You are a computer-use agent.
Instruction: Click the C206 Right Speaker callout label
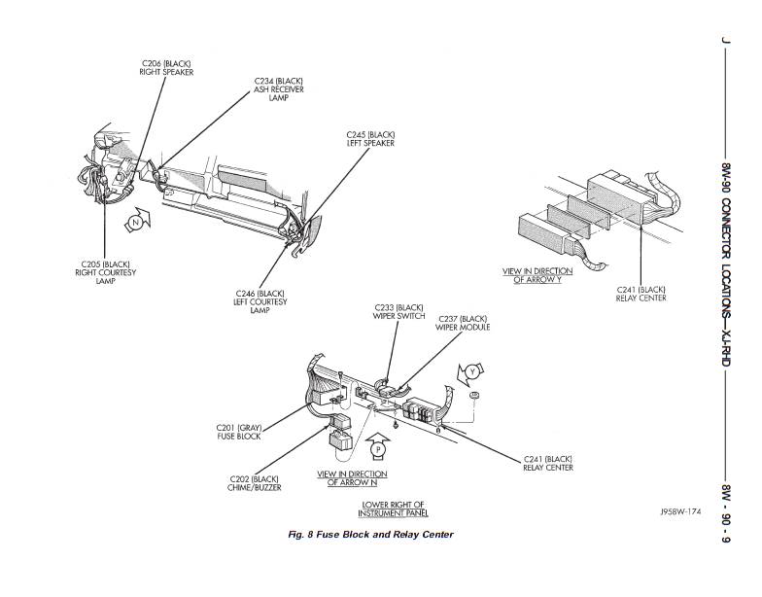pos(166,68)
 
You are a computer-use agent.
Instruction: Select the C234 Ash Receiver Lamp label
pos(278,89)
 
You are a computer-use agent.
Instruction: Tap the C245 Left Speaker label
pos(370,139)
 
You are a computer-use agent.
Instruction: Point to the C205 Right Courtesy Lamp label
pos(105,272)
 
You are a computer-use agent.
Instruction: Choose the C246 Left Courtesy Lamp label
pos(260,301)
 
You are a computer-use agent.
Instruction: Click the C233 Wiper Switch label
pos(398,312)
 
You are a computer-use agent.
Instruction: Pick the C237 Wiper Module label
pos(463,323)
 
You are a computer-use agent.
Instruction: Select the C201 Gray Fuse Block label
pos(239,432)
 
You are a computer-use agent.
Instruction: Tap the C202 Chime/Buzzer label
pos(255,483)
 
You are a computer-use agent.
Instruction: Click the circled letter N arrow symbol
pos(138,220)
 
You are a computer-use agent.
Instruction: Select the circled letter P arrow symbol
pos(378,446)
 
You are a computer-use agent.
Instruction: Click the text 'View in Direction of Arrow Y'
pos(537,276)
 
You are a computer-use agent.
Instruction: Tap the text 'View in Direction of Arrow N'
pos(352,478)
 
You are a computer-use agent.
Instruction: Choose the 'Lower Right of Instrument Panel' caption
pos(393,509)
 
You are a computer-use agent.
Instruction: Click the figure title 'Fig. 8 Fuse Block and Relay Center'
pos(371,535)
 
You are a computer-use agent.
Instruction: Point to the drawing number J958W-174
pos(680,511)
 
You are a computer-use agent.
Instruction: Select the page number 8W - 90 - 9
pos(727,513)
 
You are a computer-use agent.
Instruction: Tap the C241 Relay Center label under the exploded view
pos(641,294)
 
